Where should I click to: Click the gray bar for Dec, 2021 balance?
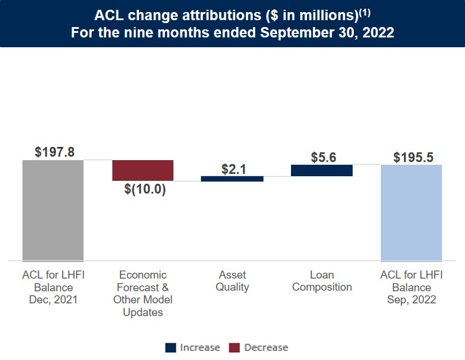pyautogui.click(x=53, y=210)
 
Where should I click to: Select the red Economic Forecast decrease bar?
pyautogui.click(x=143, y=170)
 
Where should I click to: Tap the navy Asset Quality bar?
pyautogui.click(x=232, y=179)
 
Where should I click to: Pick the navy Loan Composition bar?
pyautogui.click(x=322, y=170)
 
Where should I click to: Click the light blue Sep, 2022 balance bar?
pyautogui.click(x=411, y=213)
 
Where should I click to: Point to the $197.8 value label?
pyautogui.click(x=54, y=153)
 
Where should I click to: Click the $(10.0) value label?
pyautogui.click(x=145, y=190)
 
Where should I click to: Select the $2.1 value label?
pyautogui.click(x=234, y=169)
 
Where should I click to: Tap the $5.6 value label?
pyautogui.click(x=323, y=157)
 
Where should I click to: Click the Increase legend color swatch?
pyautogui.click(x=171, y=347)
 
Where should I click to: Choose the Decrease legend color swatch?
pyautogui.click(x=235, y=347)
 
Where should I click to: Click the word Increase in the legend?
pyautogui.click(x=200, y=347)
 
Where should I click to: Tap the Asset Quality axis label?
pyautogui.click(x=232, y=281)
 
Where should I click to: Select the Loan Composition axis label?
pyautogui.click(x=322, y=281)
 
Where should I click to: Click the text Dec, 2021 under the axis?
pyautogui.click(x=53, y=300)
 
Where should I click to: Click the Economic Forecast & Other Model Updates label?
pyautogui.click(x=143, y=294)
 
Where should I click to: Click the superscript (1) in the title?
pyautogui.click(x=367, y=10)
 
